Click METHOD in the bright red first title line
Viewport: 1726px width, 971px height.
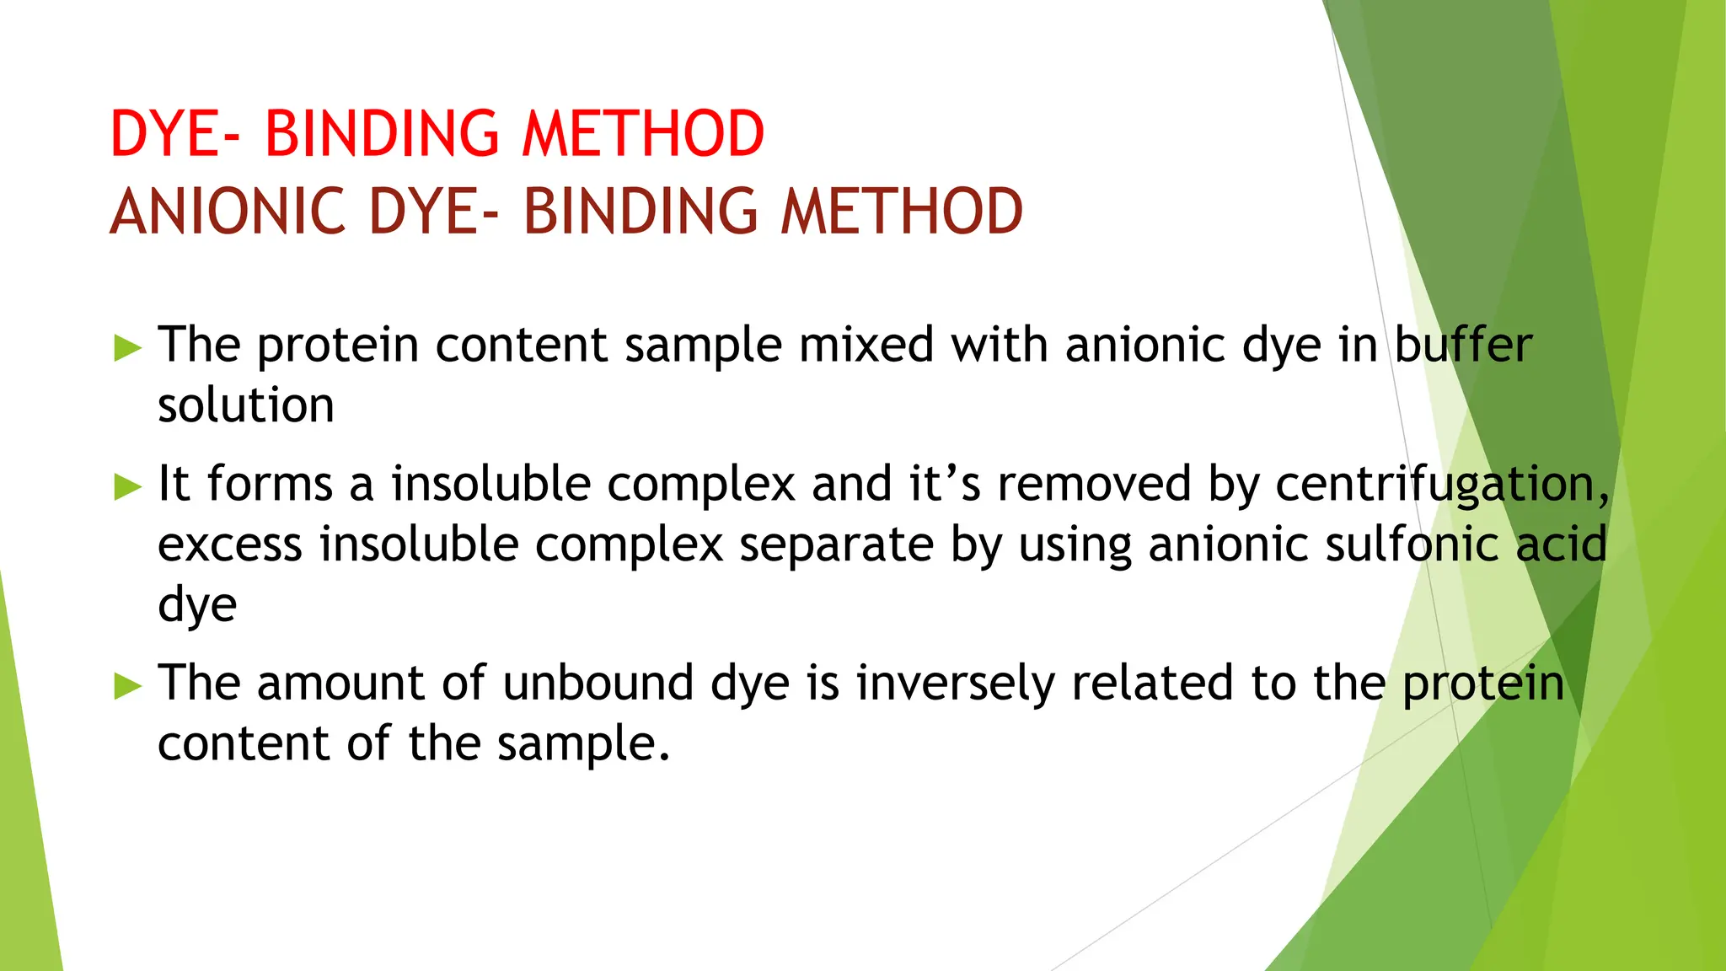(643, 134)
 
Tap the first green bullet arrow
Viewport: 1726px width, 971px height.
(127, 347)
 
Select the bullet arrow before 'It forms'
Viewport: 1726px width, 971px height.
(127, 486)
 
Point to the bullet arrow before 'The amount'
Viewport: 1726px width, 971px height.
(127, 685)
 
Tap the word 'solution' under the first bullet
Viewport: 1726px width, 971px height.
(246, 405)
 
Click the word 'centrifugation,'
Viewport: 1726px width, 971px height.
(1442, 485)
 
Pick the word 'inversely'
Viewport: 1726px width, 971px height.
(956, 683)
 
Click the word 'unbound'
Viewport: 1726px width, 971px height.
(599, 683)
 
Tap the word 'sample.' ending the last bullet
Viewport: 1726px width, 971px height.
(583, 744)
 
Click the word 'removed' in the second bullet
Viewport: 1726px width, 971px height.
(1094, 484)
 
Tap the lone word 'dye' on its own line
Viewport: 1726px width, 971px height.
(197, 605)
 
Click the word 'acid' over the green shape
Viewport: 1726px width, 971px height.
(1561, 545)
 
